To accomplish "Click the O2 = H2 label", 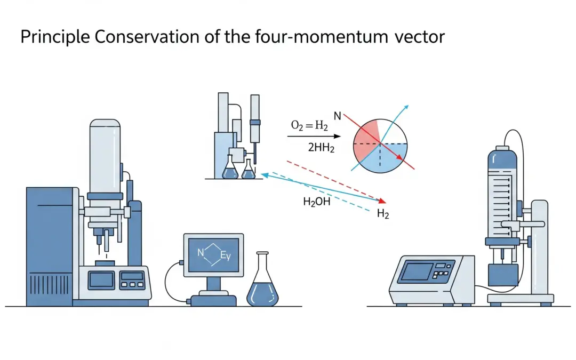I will [x=309, y=126].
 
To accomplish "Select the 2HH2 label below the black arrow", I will [x=321, y=149].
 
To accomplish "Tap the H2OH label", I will [x=316, y=202].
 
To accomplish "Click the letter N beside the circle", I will [x=337, y=115].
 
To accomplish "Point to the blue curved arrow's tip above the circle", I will [x=407, y=106].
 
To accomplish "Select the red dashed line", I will [x=331, y=179].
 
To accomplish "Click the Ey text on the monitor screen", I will [x=226, y=256].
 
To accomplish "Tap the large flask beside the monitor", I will [x=262, y=285].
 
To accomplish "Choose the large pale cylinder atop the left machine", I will [x=105, y=155].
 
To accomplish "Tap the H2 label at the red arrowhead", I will [x=383, y=214].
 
